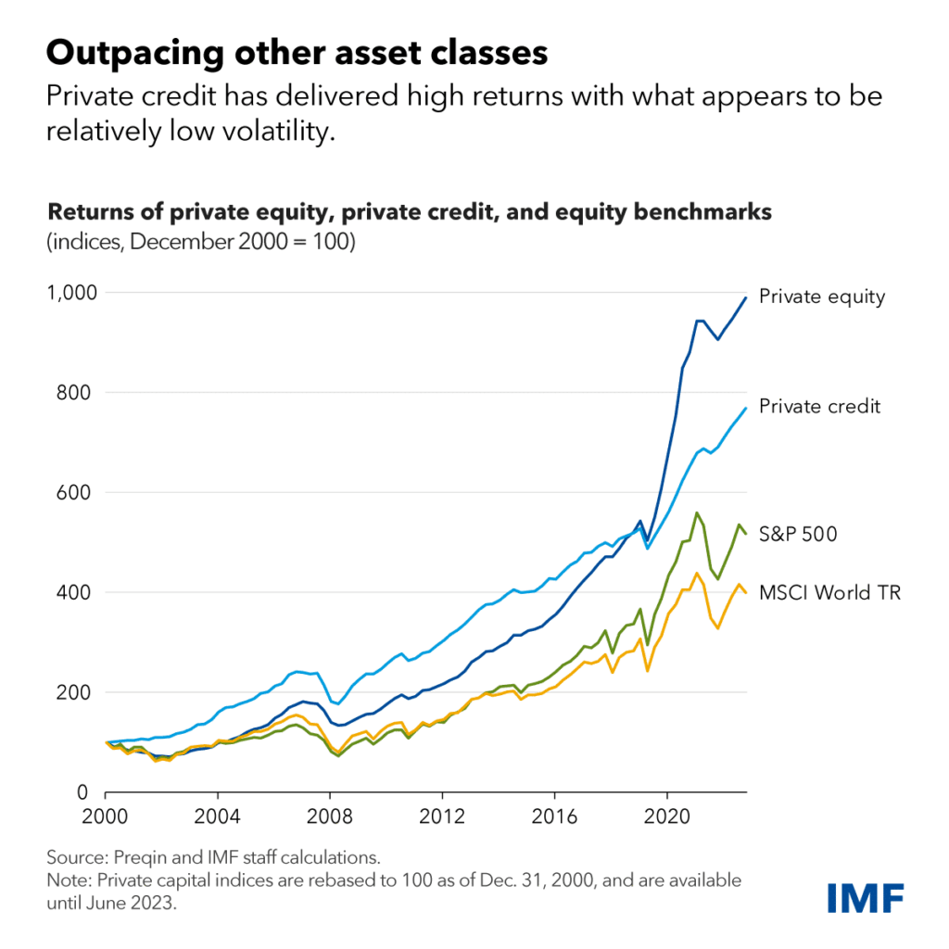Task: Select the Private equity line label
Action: tap(822, 297)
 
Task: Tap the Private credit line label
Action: tap(819, 406)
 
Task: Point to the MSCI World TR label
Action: tap(829, 591)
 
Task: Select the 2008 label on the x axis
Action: tap(329, 819)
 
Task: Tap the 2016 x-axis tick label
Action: tap(553, 819)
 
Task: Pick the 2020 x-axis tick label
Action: tap(665, 819)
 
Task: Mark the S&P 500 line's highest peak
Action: tap(696, 512)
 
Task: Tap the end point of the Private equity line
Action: tap(746, 297)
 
